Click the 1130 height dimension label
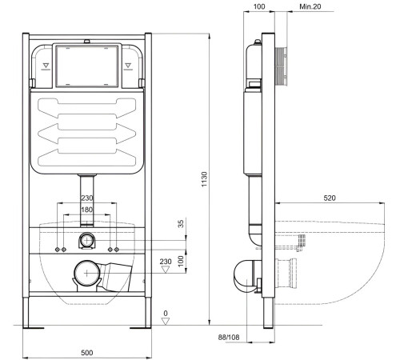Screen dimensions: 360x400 click(x=205, y=177)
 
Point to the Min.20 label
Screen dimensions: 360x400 click(x=310, y=6)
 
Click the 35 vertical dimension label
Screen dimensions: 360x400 click(x=180, y=225)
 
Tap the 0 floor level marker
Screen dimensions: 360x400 click(x=166, y=314)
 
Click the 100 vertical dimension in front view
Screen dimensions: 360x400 click(x=180, y=260)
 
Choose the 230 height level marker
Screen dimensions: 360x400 click(x=166, y=261)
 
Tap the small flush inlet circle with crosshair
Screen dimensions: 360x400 click(x=86, y=239)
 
